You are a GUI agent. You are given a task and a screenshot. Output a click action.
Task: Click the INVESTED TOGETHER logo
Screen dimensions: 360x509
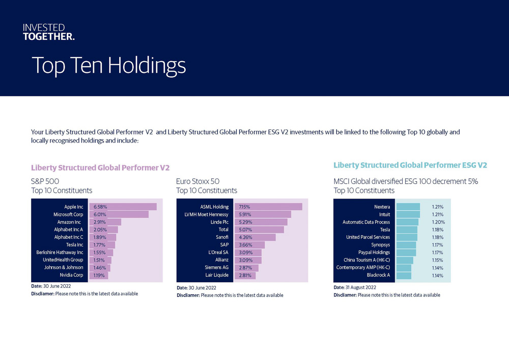[48, 32]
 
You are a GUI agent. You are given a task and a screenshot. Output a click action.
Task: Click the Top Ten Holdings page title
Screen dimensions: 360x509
[108, 66]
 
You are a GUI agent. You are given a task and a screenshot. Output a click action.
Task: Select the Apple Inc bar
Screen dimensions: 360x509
[123, 207]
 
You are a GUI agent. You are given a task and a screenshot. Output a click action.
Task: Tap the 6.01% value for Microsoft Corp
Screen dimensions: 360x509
[99, 214]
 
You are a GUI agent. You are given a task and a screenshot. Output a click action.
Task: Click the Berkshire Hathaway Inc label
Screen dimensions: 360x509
[60, 253]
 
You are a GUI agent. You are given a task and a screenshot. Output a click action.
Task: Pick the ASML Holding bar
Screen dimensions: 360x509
[268, 207]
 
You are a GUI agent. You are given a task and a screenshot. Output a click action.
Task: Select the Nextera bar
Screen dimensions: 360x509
[408, 207]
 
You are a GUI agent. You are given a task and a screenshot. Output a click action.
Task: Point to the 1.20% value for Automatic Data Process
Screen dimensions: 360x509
[438, 222]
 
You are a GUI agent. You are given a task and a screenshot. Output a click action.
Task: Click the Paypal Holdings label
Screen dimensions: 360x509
[374, 253]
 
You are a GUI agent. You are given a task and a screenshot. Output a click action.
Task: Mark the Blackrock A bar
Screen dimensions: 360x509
[404, 275]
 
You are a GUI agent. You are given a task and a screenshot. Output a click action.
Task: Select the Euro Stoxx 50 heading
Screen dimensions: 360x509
[197, 181]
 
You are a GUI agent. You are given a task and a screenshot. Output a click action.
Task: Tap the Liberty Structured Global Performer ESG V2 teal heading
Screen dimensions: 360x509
[410, 165]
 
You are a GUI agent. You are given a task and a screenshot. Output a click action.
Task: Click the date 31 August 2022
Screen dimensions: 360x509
[361, 287]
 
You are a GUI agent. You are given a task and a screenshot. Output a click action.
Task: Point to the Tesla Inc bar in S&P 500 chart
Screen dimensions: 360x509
[102, 245]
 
